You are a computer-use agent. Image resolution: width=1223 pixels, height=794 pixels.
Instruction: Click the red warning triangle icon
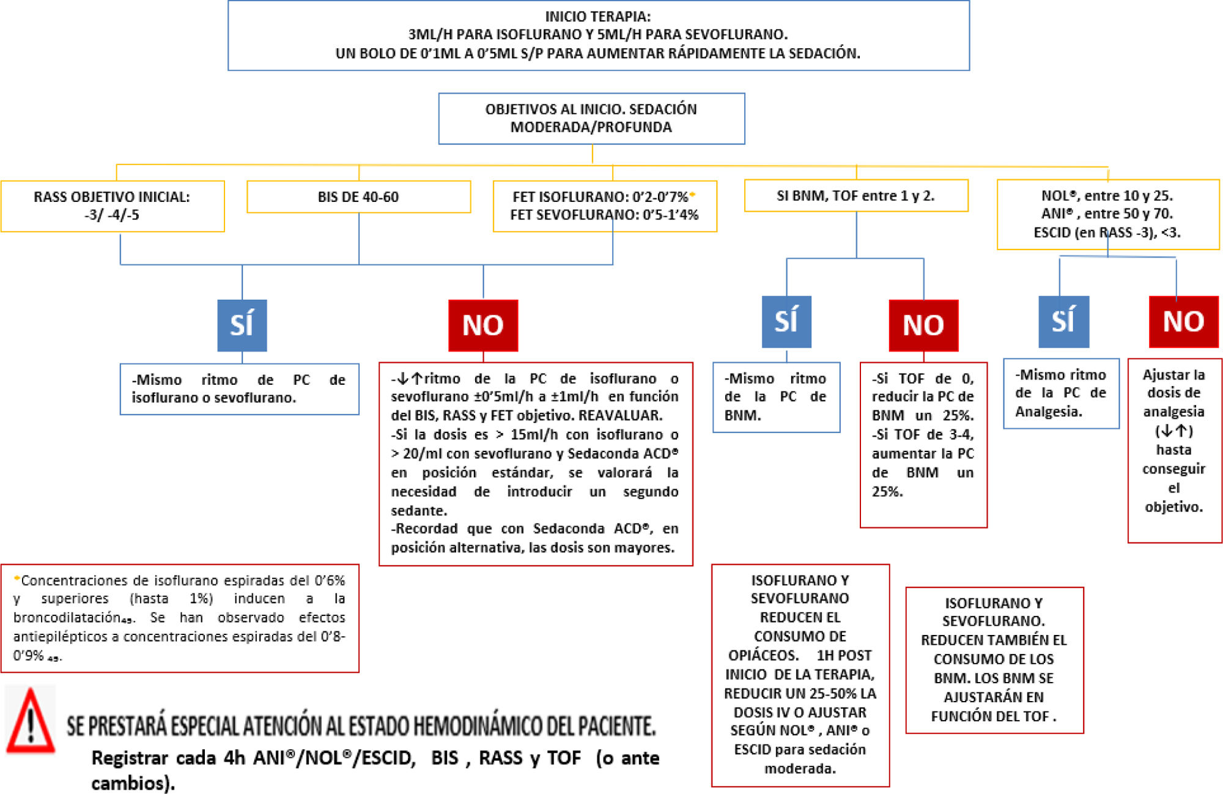point(30,721)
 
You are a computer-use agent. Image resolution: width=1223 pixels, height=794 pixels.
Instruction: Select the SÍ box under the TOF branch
point(786,322)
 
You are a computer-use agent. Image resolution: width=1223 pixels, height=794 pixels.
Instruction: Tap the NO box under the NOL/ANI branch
point(1183,322)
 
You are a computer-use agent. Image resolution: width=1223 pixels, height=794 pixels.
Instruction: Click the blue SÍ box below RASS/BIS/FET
point(242,325)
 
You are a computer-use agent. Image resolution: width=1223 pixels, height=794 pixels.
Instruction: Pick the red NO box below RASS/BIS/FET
point(483,325)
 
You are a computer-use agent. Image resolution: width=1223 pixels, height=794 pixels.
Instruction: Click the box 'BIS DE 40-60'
point(358,197)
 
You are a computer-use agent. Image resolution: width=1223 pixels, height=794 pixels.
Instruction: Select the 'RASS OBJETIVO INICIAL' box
point(113,206)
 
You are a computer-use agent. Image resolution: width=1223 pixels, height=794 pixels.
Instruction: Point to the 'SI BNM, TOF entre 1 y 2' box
point(855,196)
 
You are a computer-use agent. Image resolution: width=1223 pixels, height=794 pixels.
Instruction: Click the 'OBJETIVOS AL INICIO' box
point(591,118)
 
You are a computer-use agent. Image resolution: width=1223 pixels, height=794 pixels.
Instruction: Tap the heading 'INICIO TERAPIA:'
point(598,17)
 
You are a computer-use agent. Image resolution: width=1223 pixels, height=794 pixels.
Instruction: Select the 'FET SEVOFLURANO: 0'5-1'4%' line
point(604,215)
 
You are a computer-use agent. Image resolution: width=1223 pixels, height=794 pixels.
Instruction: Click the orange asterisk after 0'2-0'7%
point(692,195)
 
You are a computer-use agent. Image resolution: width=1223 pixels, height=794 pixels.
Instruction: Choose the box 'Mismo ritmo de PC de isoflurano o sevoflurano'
point(239,389)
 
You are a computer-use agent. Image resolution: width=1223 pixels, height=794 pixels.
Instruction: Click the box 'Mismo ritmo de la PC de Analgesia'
point(1061,393)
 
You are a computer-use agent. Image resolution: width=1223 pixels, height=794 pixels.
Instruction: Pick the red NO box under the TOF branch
point(923,325)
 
